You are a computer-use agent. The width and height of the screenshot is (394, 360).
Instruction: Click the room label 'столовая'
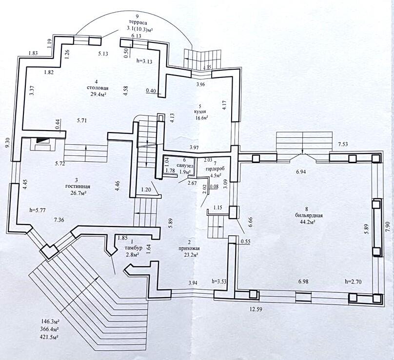tap(98, 88)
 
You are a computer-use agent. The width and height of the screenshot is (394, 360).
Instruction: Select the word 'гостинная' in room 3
tap(78, 187)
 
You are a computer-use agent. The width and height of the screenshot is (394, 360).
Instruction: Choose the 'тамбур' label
tap(133, 248)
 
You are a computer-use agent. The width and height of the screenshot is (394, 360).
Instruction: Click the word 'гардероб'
tap(215, 169)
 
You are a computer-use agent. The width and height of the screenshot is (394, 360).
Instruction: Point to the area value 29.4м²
tap(98, 94)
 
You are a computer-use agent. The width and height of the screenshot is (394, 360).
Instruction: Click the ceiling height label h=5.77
tap(37, 210)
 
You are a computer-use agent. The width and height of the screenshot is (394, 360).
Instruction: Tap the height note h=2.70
tap(354, 282)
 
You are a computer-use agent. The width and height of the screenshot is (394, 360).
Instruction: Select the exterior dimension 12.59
tap(256, 309)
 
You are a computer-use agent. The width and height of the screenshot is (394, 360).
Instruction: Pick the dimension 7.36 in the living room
tap(59, 220)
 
